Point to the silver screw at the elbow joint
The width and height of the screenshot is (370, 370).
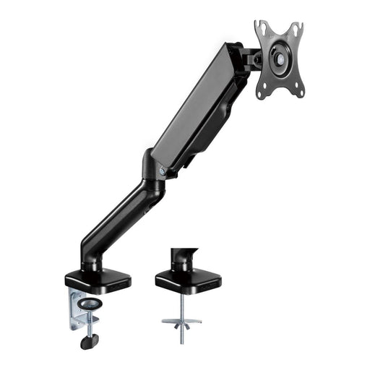point(163,171)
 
